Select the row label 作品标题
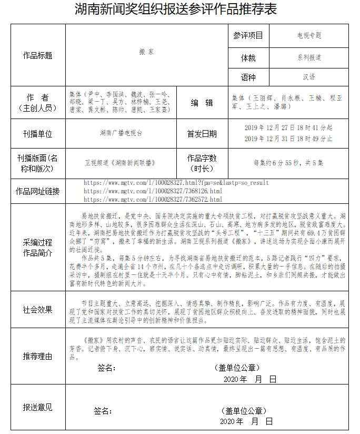38,55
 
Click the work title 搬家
147,52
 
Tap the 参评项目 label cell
248,36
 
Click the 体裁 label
248,57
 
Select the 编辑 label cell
202,103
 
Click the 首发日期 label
202,134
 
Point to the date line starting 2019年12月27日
288,127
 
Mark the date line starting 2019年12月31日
288,139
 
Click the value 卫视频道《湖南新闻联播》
120,163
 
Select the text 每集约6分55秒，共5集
288,163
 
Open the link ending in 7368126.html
153,191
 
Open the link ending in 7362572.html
153,200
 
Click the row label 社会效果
38,310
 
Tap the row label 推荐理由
38,356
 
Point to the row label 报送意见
38,407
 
